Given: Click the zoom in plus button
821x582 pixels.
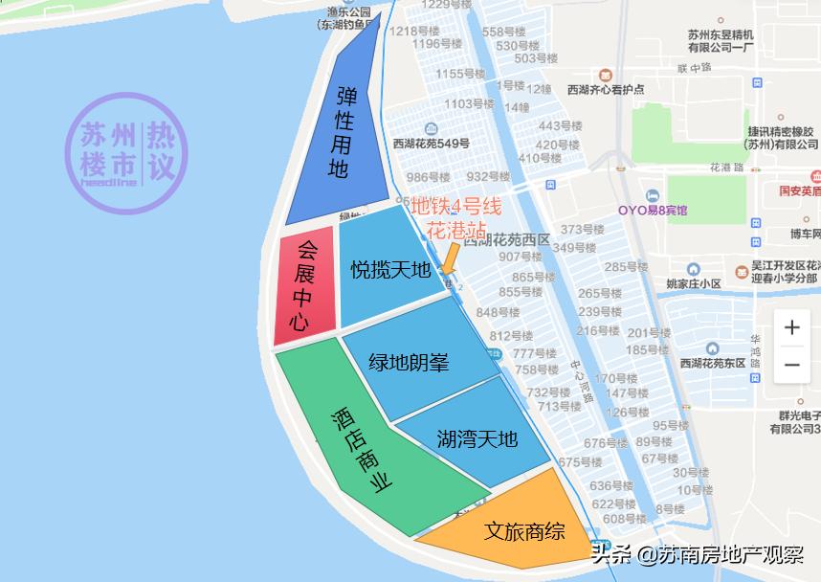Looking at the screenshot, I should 791,328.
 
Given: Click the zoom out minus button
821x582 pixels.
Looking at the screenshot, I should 791,365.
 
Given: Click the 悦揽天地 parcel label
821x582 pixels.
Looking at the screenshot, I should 389,271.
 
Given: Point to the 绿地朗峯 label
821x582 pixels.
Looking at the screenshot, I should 410,363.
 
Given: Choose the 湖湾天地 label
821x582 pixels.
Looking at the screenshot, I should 477,438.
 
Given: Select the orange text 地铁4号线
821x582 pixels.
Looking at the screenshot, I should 457,206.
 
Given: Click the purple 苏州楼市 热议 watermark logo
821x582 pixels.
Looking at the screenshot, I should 126,153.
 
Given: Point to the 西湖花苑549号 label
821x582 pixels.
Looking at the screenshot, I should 431,144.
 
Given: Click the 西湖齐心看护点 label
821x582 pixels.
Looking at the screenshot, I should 605,89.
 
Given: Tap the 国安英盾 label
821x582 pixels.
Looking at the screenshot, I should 799,190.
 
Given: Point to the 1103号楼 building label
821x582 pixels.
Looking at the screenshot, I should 469,103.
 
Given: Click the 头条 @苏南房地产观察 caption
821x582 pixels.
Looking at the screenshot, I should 698,555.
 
